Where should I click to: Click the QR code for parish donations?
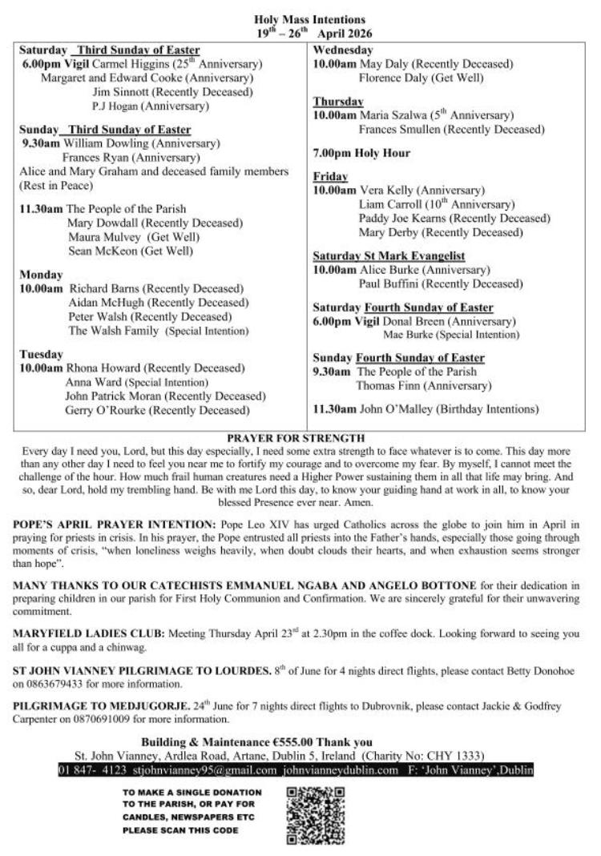pyautogui.click(x=315, y=815)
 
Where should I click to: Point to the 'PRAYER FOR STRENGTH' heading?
pyautogui.click(x=296, y=438)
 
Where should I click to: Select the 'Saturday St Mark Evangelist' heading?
pyautogui.click(x=389, y=256)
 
